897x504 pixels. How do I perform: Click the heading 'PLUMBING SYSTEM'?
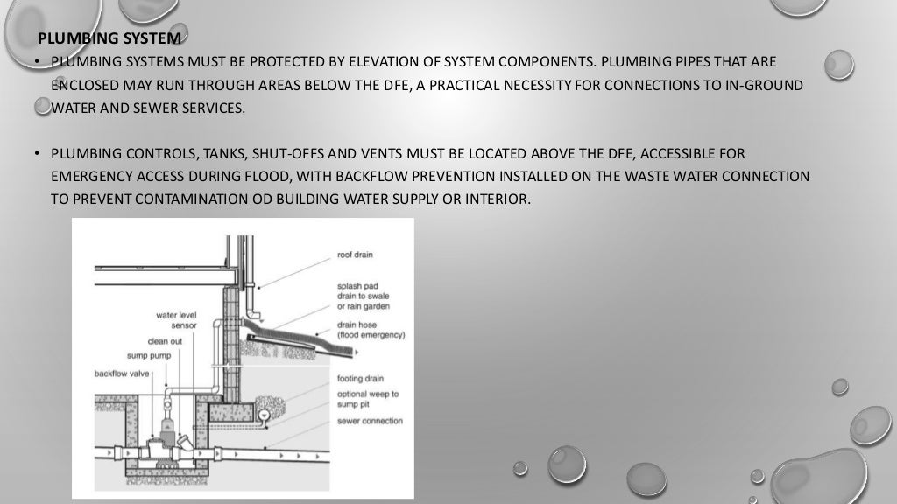[110, 38]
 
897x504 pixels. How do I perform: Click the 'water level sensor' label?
[177, 319]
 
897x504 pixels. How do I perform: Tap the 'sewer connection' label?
[370, 421]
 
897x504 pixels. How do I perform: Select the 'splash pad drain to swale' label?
[363, 296]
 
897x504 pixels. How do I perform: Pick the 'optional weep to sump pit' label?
[367, 399]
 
